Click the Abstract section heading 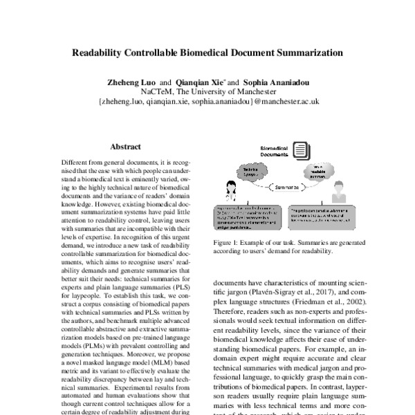coord(125,147)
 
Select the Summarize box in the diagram coord(285,187)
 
